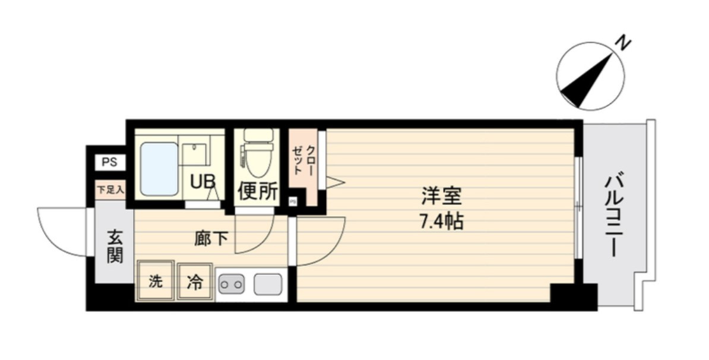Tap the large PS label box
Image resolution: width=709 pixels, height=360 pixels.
click(x=109, y=162)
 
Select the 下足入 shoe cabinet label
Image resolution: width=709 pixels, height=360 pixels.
click(x=110, y=190)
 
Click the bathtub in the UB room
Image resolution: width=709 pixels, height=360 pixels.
click(x=159, y=169)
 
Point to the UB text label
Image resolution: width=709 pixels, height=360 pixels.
click(x=202, y=182)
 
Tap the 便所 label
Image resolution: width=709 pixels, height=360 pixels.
click(x=257, y=191)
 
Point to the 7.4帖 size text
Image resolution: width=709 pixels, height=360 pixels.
click(x=442, y=221)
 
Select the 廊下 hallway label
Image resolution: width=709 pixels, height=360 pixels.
click(x=211, y=238)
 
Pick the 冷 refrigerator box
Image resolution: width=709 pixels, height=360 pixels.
click(x=195, y=282)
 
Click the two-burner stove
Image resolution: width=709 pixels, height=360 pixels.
click(x=232, y=285)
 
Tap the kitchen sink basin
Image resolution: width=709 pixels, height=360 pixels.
click(x=268, y=285)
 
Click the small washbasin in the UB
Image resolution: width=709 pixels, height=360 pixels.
click(x=194, y=154)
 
